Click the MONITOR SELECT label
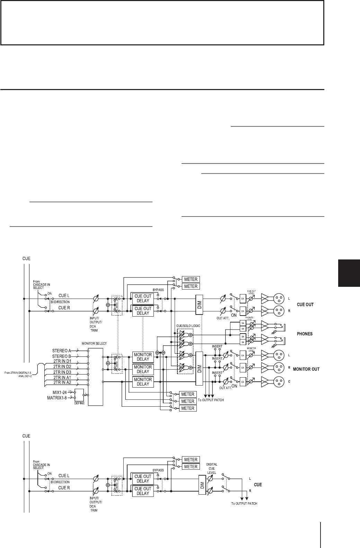click(x=94, y=343)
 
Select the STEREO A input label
click(x=62, y=351)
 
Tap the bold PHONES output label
click(x=305, y=334)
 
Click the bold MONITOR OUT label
click(x=306, y=369)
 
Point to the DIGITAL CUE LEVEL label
click(x=211, y=468)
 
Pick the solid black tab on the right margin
click(x=349, y=273)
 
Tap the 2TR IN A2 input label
click(x=62, y=382)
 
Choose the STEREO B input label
click(x=62, y=356)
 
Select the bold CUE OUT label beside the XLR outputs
click(x=305, y=304)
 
